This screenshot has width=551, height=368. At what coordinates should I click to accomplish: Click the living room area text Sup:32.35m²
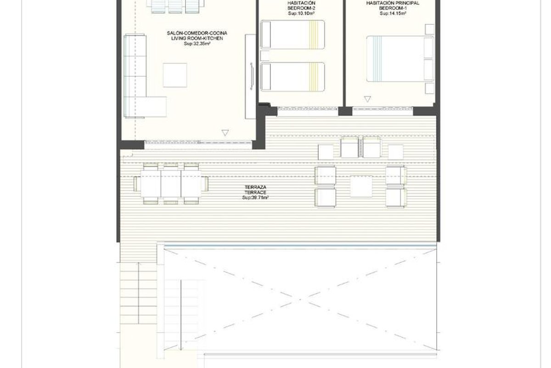pos(197,44)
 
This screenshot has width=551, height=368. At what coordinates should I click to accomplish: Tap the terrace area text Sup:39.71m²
pos(255,198)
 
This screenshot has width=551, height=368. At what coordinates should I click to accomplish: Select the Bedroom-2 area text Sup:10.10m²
pos(301,13)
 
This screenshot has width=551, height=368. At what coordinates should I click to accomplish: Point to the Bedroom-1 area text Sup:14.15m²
pos(393,13)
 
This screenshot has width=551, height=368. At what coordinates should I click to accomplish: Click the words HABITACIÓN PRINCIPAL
pos(393,3)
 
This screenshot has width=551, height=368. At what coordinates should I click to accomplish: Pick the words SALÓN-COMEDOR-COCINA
pos(197,33)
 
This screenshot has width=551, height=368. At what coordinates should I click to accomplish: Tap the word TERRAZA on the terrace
pos(255,187)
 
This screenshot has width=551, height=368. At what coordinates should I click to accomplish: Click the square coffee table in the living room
pos(174,75)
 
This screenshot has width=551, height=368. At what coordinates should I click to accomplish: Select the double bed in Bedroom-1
pos(400,59)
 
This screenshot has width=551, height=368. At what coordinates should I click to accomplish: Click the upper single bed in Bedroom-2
pos(292,34)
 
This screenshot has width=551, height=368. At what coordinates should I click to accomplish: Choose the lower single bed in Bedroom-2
pos(292,77)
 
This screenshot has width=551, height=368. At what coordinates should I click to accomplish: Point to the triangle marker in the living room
pos(225,133)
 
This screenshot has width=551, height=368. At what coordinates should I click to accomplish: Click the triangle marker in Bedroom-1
pos(367,99)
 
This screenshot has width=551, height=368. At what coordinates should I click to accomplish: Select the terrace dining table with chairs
pos(171,184)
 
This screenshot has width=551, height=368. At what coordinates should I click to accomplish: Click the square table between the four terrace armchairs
pos(361,186)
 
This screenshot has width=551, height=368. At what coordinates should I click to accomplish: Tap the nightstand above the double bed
pos(430,29)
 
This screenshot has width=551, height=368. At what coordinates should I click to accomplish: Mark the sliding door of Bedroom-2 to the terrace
pos(308,108)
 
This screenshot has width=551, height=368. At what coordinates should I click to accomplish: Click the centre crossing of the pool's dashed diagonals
pos(300,299)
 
